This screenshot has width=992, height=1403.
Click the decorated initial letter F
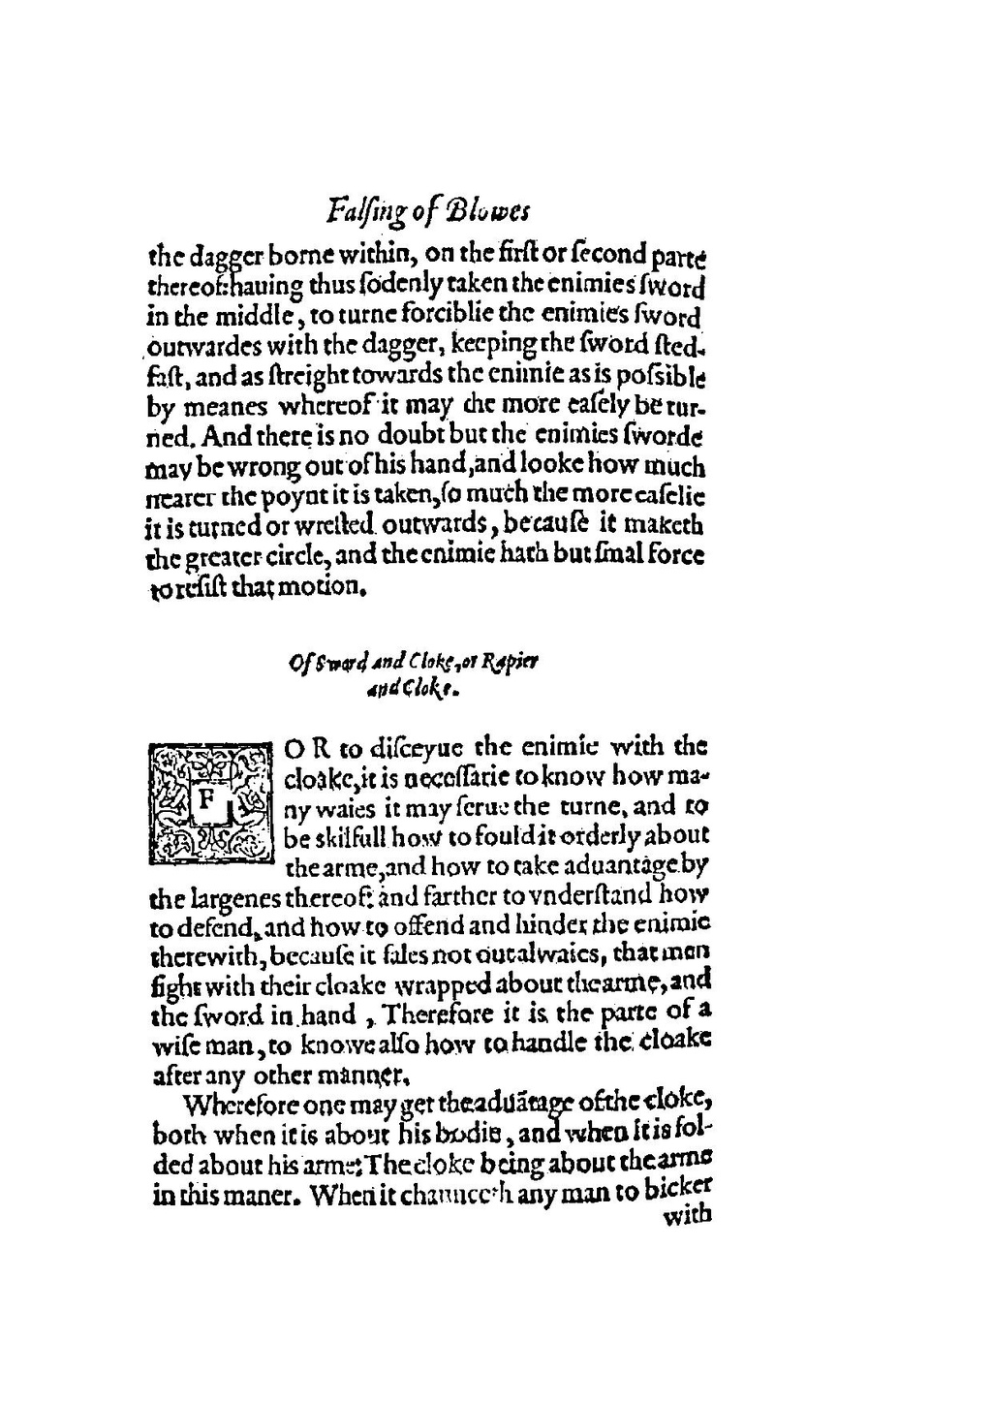[206, 801]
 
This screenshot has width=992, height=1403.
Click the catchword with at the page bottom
[686, 1216]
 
